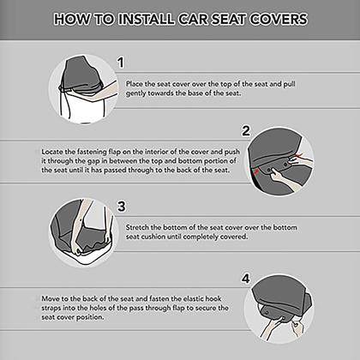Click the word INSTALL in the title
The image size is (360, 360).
[146, 19]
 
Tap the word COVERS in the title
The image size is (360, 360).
[279, 19]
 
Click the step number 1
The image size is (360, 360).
[121, 63]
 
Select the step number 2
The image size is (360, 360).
[246, 131]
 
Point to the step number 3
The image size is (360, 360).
[122, 206]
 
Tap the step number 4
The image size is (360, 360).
[246, 279]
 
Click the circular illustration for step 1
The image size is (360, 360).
[83, 89]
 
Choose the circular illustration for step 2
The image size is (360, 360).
[279, 162]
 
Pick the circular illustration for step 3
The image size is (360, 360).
[85, 233]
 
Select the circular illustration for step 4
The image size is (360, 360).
[279, 309]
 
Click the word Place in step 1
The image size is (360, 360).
[134, 84]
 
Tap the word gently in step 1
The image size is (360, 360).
[135, 93]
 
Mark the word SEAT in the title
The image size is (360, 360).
[228, 19]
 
